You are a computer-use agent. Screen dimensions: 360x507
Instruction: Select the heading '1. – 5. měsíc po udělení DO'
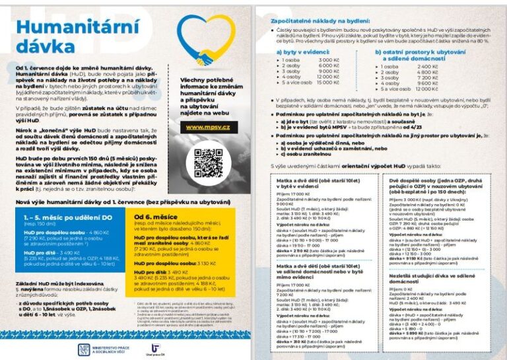point(59,215)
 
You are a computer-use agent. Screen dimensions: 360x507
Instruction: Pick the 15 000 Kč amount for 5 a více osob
point(328,83)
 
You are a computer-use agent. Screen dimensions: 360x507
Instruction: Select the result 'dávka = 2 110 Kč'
point(291,250)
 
